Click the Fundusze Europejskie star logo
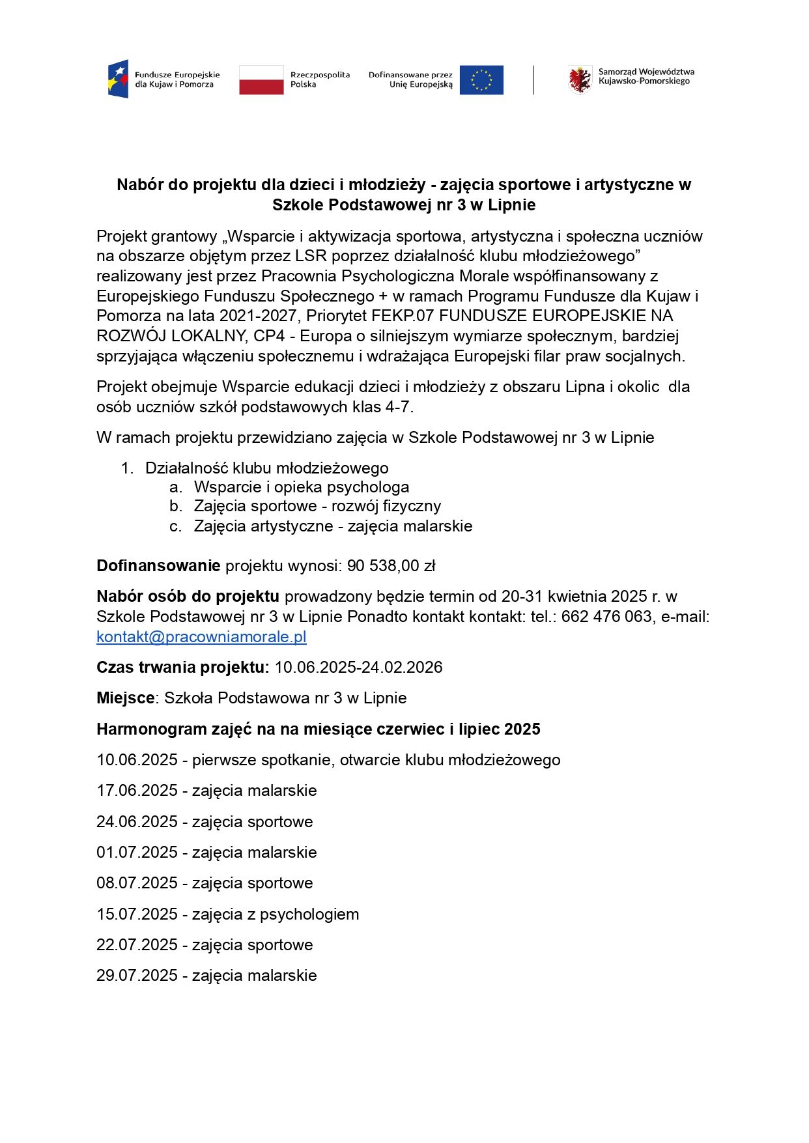[118, 79]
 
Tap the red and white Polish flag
[261, 79]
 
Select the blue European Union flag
[481, 79]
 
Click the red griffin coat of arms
[579, 79]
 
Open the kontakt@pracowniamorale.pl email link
[201, 637]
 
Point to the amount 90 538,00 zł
[391, 566]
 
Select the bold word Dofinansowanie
[158, 566]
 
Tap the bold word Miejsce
[126, 698]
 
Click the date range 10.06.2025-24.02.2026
[358, 668]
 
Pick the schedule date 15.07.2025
[137, 914]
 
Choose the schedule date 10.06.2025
[137, 760]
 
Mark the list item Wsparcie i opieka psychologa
[302, 487]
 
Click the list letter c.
[175, 526]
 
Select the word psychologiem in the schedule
[309, 914]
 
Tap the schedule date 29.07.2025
[137, 976]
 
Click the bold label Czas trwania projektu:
[183, 668]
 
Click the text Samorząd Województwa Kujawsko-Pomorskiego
[646, 76]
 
